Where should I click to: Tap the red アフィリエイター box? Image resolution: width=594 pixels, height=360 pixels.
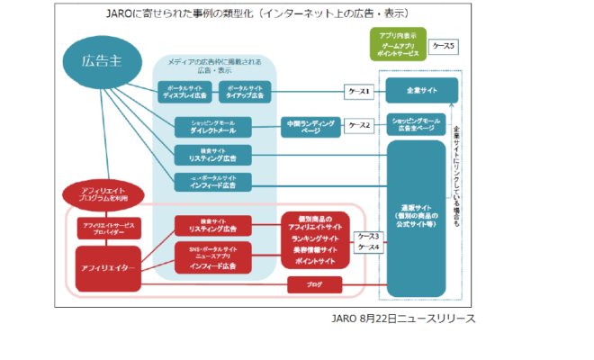click(x=107, y=267)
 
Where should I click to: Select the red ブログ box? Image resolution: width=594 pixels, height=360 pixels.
click(x=314, y=285)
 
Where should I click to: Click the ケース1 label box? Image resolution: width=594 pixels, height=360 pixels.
click(x=361, y=91)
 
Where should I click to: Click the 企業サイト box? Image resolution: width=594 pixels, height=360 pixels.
click(x=422, y=91)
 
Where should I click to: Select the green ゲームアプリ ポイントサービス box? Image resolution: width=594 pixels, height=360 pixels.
click(x=398, y=49)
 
